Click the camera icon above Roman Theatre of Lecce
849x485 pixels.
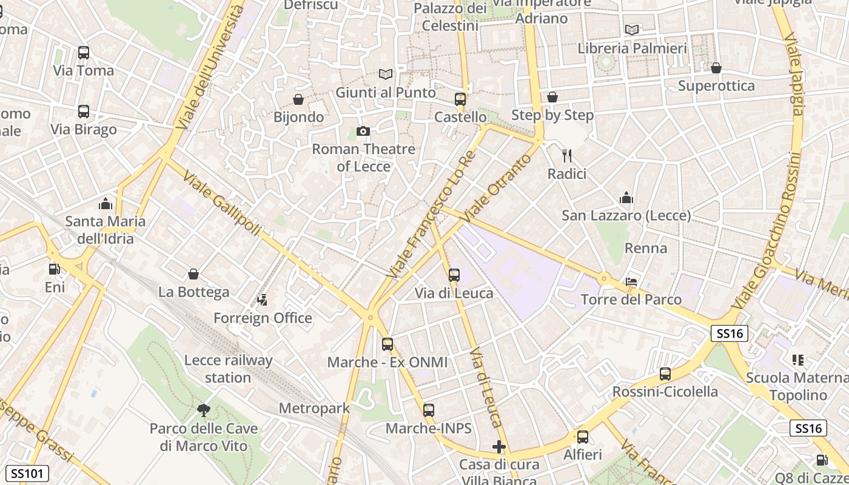pyautogui.click(x=363, y=131)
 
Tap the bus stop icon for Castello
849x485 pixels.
pyautogui.click(x=460, y=99)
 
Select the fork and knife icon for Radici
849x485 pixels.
pyautogui.click(x=567, y=156)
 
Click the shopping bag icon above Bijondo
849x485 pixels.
pyautogui.click(x=298, y=99)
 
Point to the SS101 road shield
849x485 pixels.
pyautogui.click(x=27, y=473)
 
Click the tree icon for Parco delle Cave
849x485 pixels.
pyautogui.click(x=204, y=410)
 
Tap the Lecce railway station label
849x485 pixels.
pyautogui.click(x=228, y=369)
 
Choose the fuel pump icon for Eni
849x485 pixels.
pyautogui.click(x=55, y=269)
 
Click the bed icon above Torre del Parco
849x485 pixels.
pyautogui.click(x=631, y=282)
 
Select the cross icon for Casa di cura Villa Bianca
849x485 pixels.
pyautogui.click(x=499, y=447)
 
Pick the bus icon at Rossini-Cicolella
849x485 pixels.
pyautogui.click(x=665, y=374)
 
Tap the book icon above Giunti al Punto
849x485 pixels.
pyautogui.click(x=386, y=75)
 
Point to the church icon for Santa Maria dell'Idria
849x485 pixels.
pyautogui.click(x=106, y=203)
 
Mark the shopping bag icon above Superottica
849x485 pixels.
pyautogui.click(x=716, y=68)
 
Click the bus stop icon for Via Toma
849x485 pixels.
pyautogui.click(x=84, y=53)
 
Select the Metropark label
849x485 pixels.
pyautogui.click(x=314, y=408)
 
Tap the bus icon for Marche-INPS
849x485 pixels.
pyautogui.click(x=429, y=410)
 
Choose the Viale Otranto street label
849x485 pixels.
pyautogui.click(x=495, y=187)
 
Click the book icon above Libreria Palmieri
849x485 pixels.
pyautogui.click(x=632, y=30)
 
